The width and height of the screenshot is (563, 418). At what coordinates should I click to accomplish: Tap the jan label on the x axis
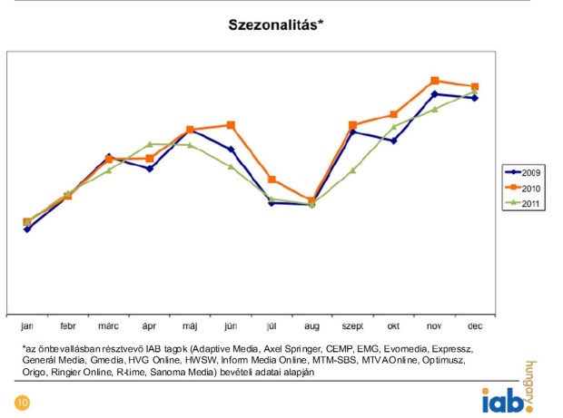point(27,326)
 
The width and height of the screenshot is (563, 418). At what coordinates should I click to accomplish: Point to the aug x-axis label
point(311,326)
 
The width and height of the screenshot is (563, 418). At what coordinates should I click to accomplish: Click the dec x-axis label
point(475,326)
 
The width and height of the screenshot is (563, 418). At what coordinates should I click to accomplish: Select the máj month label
point(190,326)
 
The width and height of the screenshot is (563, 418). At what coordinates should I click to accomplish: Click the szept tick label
point(352,326)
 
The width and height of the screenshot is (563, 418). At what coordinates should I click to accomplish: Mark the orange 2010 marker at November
point(435,81)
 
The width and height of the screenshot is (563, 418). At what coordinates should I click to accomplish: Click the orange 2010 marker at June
point(231,125)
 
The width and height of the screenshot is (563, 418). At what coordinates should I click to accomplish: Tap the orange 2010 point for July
point(272,180)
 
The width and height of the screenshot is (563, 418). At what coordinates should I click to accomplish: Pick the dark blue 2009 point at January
point(27,229)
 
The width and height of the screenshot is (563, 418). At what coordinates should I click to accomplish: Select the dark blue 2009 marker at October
point(393,141)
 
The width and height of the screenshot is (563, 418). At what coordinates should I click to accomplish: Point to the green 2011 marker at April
point(150,144)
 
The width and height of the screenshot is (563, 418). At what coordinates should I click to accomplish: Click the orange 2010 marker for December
point(475,87)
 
